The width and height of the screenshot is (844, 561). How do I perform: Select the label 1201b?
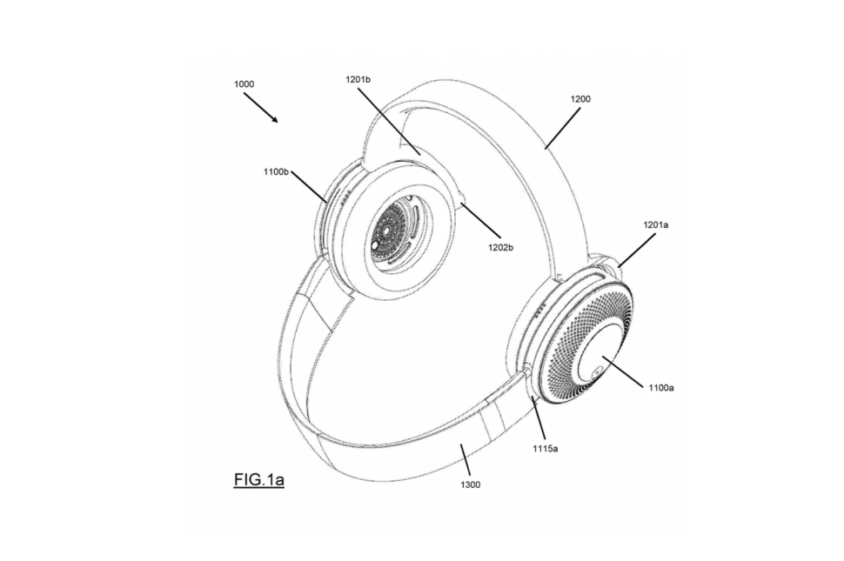click(357, 80)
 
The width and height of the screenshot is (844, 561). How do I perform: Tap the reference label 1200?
click(580, 99)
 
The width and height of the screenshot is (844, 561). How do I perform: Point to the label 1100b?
click(276, 172)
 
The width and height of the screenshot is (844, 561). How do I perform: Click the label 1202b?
click(499, 248)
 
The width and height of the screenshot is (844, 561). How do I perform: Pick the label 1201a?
click(655, 224)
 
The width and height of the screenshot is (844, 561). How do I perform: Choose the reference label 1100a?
click(661, 388)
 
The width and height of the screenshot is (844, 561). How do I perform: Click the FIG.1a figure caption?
click(258, 479)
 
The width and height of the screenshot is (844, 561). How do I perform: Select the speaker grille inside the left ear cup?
click(393, 230)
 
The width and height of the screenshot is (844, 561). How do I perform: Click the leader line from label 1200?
click(568, 126)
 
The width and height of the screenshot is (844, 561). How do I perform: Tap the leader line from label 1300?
click(465, 461)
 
